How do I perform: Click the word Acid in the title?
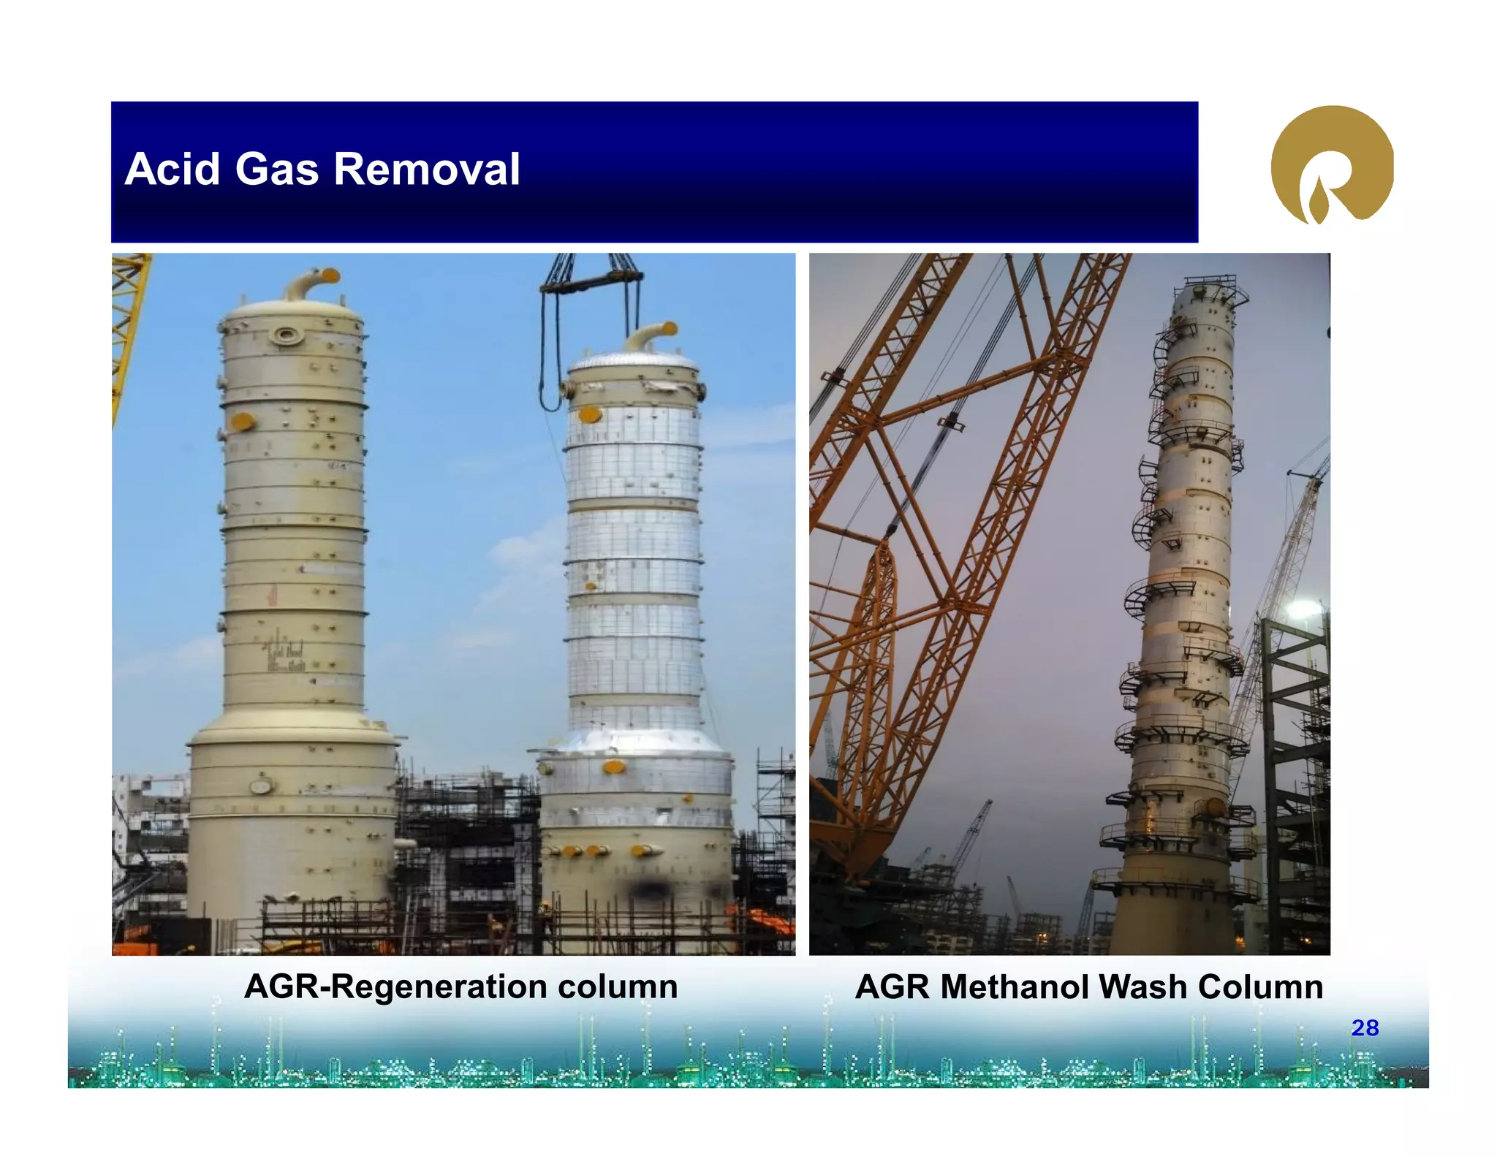(x=172, y=170)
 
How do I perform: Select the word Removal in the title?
(x=427, y=170)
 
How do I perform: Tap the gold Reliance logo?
(x=1331, y=165)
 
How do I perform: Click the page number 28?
(x=1364, y=1027)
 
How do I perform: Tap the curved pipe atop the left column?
(x=311, y=284)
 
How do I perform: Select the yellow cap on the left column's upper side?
(x=241, y=422)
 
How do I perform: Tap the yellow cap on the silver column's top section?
(x=589, y=415)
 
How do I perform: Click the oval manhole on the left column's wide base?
(x=261, y=787)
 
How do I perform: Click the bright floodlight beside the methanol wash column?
(x=1304, y=608)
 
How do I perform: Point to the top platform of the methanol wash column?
(x=1210, y=284)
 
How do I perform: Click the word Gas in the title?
(x=277, y=170)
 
